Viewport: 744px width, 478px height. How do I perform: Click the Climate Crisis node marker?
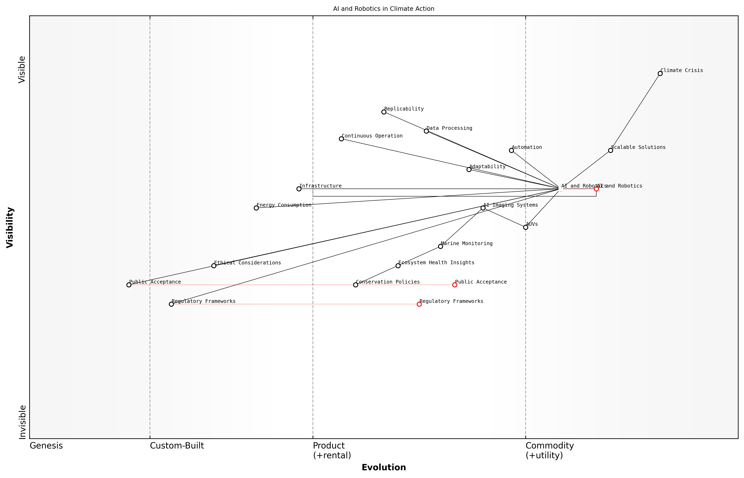(x=660, y=74)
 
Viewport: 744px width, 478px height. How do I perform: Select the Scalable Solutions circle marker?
(x=610, y=151)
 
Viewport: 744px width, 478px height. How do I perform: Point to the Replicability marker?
(x=384, y=112)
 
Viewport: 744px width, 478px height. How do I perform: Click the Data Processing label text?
(x=449, y=128)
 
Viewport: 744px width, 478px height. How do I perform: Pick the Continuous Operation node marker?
(x=341, y=139)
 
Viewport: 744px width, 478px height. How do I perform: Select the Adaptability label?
(x=487, y=167)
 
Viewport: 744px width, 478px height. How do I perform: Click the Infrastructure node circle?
(x=299, y=189)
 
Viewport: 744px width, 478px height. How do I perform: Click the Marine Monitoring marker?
(x=440, y=247)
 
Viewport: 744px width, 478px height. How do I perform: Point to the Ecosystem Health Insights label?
(x=436, y=263)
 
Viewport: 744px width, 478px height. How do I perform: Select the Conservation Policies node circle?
(x=356, y=285)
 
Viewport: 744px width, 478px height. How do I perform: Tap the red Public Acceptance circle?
(x=455, y=285)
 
